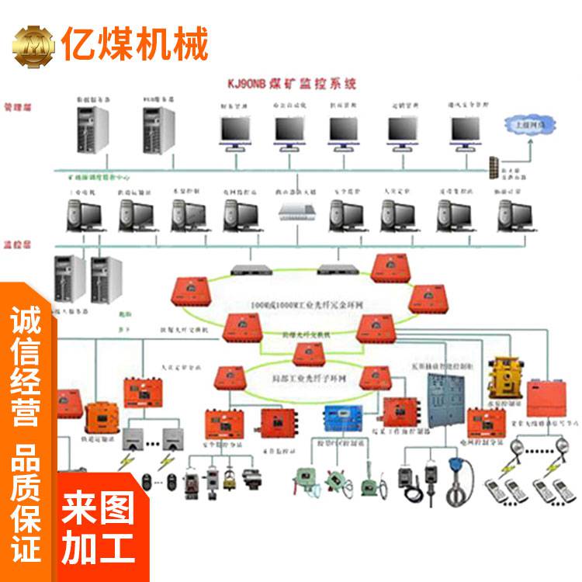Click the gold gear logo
coord(33,46)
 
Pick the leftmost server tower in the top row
coord(88,129)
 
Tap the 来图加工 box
coord(99,528)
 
